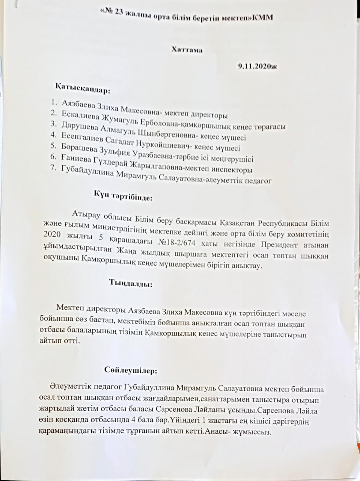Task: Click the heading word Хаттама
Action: point(187,49)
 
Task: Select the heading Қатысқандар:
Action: point(83,90)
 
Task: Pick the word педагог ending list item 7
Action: point(259,181)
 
